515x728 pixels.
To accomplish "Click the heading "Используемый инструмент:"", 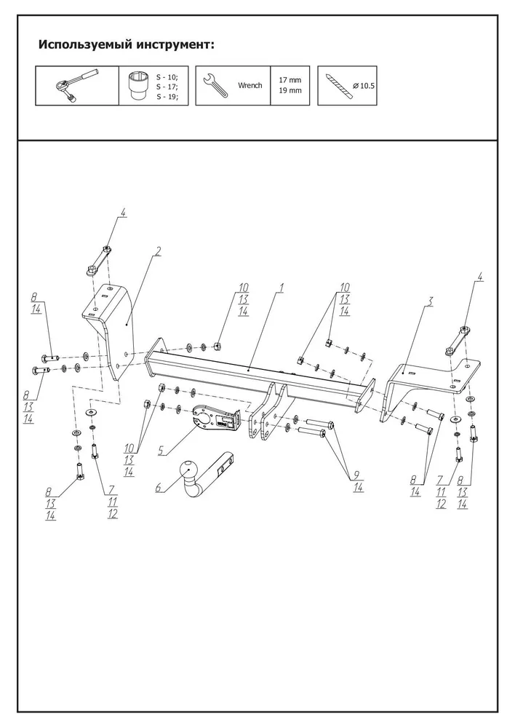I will coord(126,45).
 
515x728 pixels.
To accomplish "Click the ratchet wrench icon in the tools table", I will coord(77,86).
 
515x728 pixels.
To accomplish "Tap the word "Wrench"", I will coord(249,85).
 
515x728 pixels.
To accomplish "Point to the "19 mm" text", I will coord(290,92).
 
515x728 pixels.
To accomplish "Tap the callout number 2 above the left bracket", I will coord(159,251).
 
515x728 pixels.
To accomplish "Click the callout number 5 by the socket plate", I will coord(160,451).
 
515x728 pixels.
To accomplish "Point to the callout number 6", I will coord(157,490).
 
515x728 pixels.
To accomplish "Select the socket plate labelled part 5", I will coord(213,418).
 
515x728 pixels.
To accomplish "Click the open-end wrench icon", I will coord(216,86).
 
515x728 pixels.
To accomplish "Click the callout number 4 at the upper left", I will coord(123,213).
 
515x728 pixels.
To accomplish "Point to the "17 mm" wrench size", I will coord(290,79).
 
